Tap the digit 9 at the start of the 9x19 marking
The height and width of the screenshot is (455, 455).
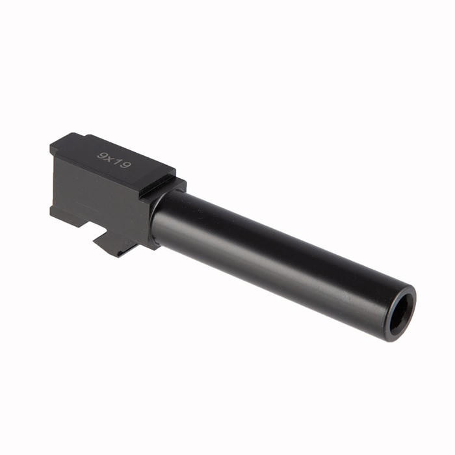101,155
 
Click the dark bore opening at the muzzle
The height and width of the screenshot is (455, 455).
401,313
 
